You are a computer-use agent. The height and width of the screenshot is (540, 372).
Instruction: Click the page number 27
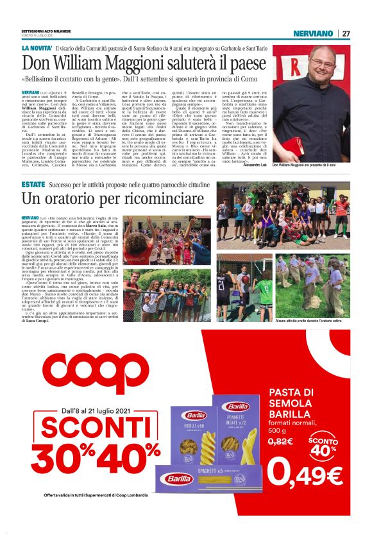click(x=346, y=33)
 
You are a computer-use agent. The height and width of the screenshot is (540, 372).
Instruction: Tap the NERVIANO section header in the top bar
click(x=313, y=33)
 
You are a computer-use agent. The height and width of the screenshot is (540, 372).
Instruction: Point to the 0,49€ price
click(x=304, y=473)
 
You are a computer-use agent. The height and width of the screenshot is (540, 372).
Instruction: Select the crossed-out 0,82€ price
click(x=280, y=443)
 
